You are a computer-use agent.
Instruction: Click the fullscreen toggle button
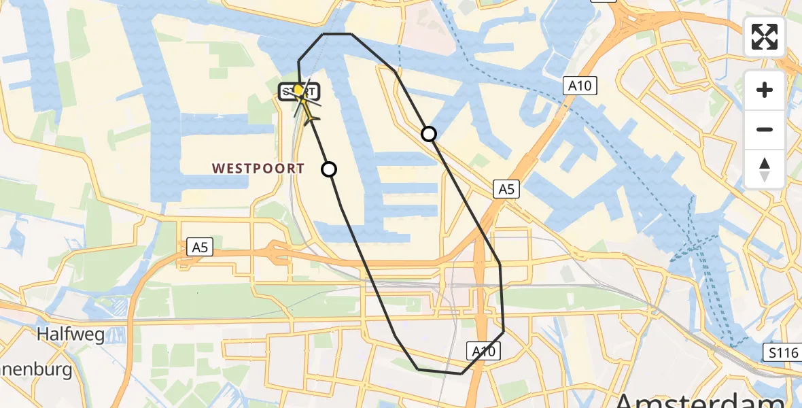(x=765, y=37)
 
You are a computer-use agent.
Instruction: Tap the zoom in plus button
(x=765, y=90)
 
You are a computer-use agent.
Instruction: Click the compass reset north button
(x=765, y=169)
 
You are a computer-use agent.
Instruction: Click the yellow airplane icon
(x=309, y=116)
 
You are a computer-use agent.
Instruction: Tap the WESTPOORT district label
(x=258, y=168)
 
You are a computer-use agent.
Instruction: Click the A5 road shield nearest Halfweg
(x=199, y=248)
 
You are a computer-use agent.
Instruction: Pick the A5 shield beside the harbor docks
(x=506, y=190)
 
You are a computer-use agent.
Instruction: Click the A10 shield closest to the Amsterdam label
(x=484, y=351)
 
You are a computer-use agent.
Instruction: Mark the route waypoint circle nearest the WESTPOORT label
(x=329, y=169)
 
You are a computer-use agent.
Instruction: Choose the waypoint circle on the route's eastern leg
(x=429, y=134)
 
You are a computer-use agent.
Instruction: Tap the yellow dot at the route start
(x=298, y=89)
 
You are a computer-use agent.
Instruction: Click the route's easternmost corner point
(x=504, y=332)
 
